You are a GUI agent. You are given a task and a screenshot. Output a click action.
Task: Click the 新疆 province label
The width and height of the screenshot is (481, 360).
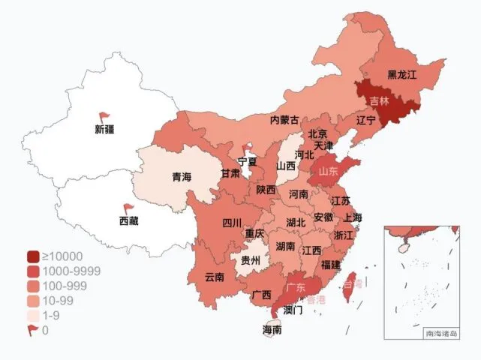tap(104, 129)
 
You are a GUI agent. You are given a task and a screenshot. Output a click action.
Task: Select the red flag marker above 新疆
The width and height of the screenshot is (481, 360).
tap(104, 117)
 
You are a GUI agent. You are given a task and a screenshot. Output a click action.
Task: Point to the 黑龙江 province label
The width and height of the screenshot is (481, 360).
tap(401, 75)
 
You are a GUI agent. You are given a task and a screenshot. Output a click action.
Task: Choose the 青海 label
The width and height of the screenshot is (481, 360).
tap(182, 178)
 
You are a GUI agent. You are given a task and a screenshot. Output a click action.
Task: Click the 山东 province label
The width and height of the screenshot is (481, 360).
tap(329, 172)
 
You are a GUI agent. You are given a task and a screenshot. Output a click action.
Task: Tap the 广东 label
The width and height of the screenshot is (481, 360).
tap(296, 287)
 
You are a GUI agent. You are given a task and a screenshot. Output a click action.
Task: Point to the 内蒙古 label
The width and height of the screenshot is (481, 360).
tap(285, 120)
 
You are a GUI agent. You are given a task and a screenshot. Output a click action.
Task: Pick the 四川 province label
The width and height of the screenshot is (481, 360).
tap(232, 223)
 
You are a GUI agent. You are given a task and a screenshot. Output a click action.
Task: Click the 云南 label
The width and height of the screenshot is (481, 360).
tap(215, 277)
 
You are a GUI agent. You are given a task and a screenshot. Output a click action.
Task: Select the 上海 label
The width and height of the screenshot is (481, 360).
tap(353, 217)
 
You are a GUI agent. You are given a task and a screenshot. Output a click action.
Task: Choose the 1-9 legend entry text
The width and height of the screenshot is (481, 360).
tap(51, 316)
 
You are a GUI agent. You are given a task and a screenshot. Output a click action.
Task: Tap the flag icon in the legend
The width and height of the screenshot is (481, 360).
tap(35, 330)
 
